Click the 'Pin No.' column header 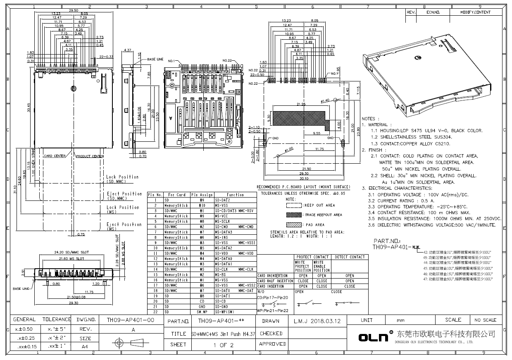click(x=155, y=195)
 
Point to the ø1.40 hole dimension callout click(x=325, y=100)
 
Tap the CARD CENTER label click(x=55, y=156)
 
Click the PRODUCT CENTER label click(x=89, y=156)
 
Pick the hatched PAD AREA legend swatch click(x=294, y=224)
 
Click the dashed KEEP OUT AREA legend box click(x=294, y=205)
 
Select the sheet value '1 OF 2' click(x=223, y=345)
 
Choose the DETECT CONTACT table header click(x=350, y=257)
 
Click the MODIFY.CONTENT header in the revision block click(x=475, y=12)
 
